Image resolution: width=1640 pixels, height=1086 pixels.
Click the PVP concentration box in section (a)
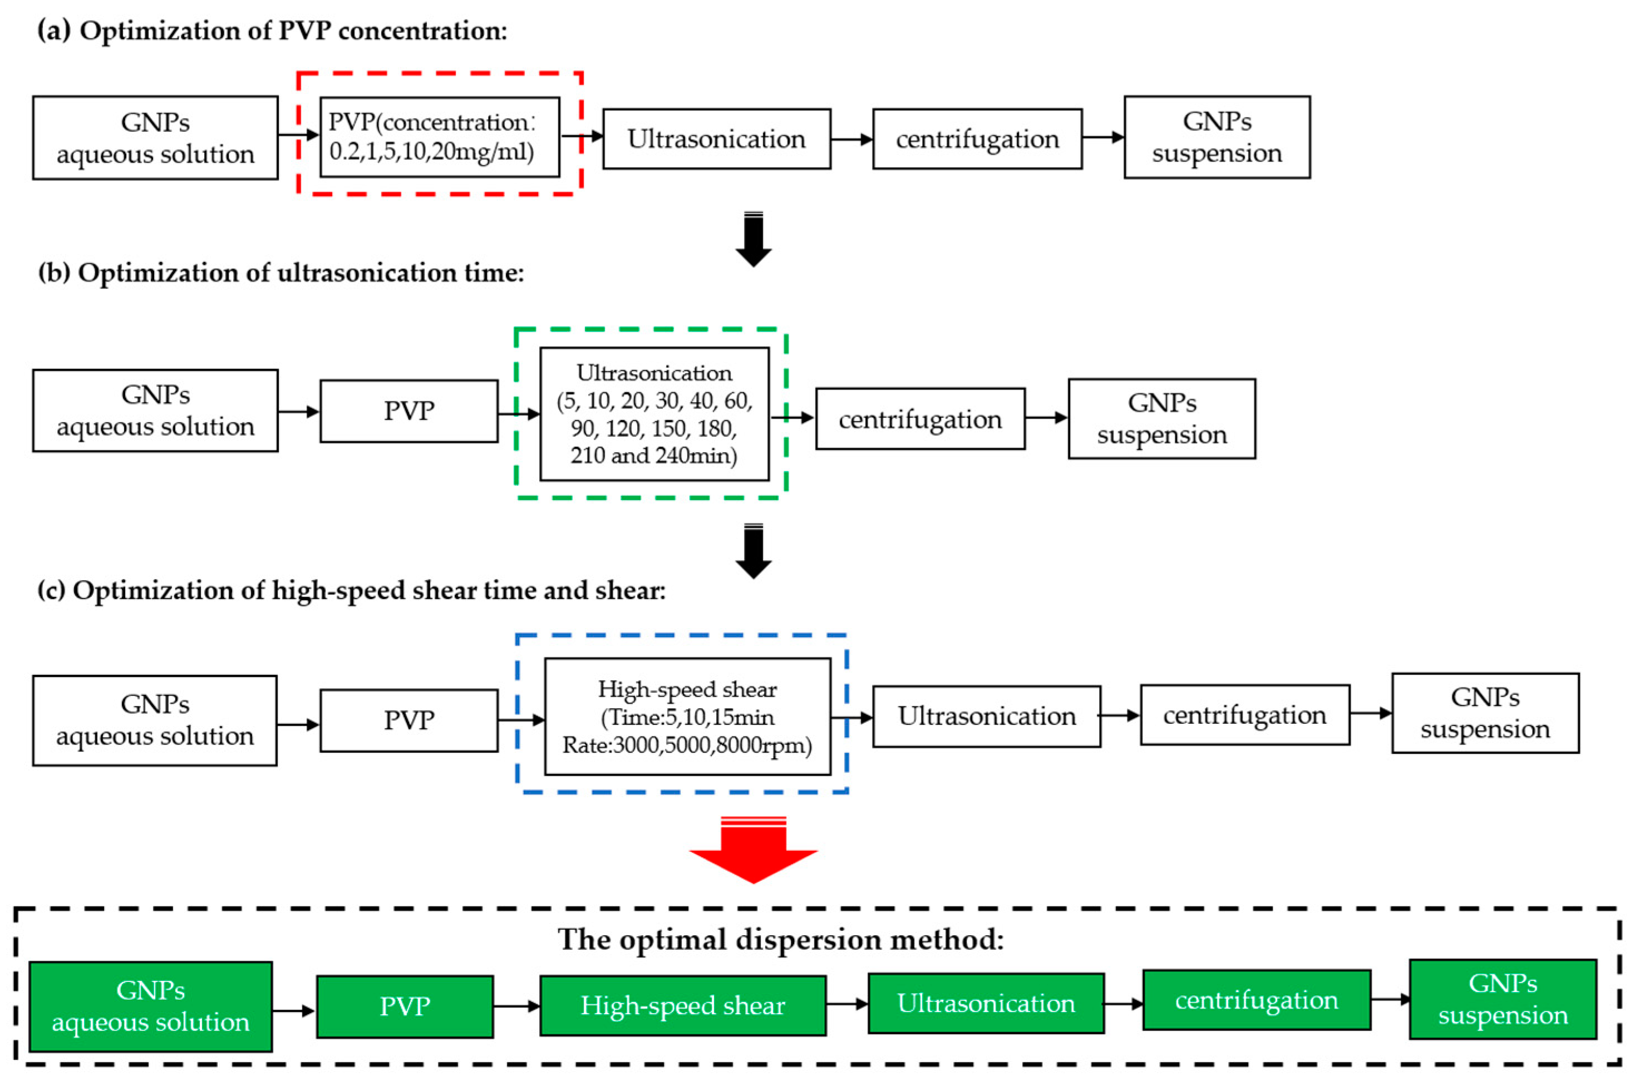[x=439, y=136]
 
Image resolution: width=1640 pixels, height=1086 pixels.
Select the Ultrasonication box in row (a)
[x=716, y=139]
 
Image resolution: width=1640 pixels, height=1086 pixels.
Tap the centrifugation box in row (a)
[x=977, y=139]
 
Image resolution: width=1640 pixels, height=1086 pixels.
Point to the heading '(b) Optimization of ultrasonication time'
[x=280, y=273]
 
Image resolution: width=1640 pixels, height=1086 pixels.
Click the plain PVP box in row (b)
[x=408, y=411]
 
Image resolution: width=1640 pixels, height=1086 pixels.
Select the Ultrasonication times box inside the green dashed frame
[x=654, y=414]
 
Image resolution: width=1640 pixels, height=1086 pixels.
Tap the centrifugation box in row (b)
[x=920, y=419]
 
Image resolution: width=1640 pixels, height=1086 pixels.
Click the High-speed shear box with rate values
[x=687, y=717]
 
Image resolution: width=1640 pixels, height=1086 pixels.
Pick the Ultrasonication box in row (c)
[x=986, y=716]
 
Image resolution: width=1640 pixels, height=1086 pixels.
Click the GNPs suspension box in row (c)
[x=1485, y=713]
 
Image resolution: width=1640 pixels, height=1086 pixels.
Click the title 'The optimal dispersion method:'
[x=781, y=940]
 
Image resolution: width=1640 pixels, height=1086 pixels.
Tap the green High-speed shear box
[x=682, y=1006]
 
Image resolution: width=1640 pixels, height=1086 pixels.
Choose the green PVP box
[x=405, y=1006]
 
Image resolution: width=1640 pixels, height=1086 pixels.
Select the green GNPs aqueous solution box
[x=150, y=1006]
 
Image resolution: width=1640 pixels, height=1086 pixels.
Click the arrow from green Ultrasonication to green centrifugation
[x=1122, y=1004]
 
